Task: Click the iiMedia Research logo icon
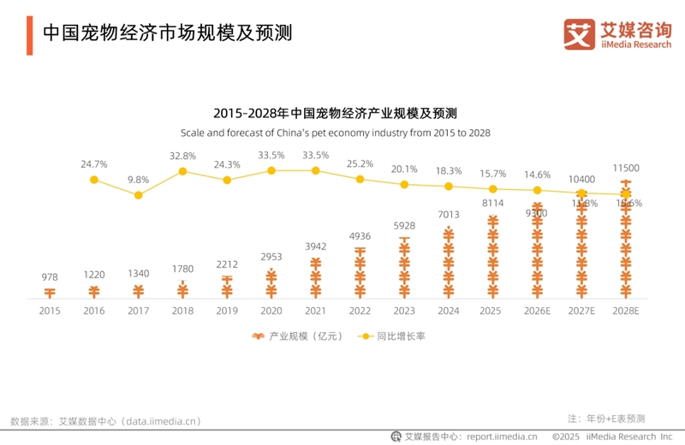579,33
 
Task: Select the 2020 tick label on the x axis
271,311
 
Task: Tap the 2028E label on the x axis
626,311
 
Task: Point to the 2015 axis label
50,311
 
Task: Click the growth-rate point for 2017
139,195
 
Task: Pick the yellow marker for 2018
182,171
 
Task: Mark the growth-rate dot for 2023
404,184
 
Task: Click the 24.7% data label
94,163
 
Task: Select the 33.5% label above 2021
316,155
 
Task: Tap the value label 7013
449,215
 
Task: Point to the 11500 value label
626,169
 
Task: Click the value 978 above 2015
50,277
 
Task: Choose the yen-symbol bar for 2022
360,272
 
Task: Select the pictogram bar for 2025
493,257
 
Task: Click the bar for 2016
94,292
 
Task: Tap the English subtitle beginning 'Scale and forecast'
335,133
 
